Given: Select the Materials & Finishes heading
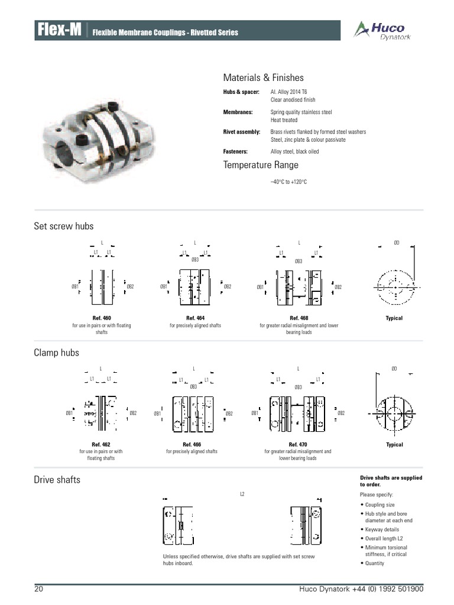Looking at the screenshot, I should (x=263, y=77).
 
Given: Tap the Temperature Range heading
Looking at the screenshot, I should (x=261, y=165).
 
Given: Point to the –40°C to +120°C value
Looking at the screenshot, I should (x=288, y=181).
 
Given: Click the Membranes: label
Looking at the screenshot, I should (x=238, y=112).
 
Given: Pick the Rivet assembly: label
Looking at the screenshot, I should (x=241, y=132).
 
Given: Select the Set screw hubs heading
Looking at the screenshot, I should (x=64, y=226).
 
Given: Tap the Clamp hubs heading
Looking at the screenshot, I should (x=56, y=353).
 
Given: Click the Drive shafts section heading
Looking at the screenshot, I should (x=57, y=480).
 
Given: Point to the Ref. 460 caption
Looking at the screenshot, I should (x=102, y=318).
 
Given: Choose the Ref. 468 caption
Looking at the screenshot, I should (x=299, y=318).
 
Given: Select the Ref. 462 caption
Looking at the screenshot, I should (x=100, y=444).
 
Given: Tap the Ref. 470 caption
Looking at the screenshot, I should (x=298, y=444).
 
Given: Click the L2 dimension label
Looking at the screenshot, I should (x=242, y=493).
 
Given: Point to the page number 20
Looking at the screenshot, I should (x=39, y=590).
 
